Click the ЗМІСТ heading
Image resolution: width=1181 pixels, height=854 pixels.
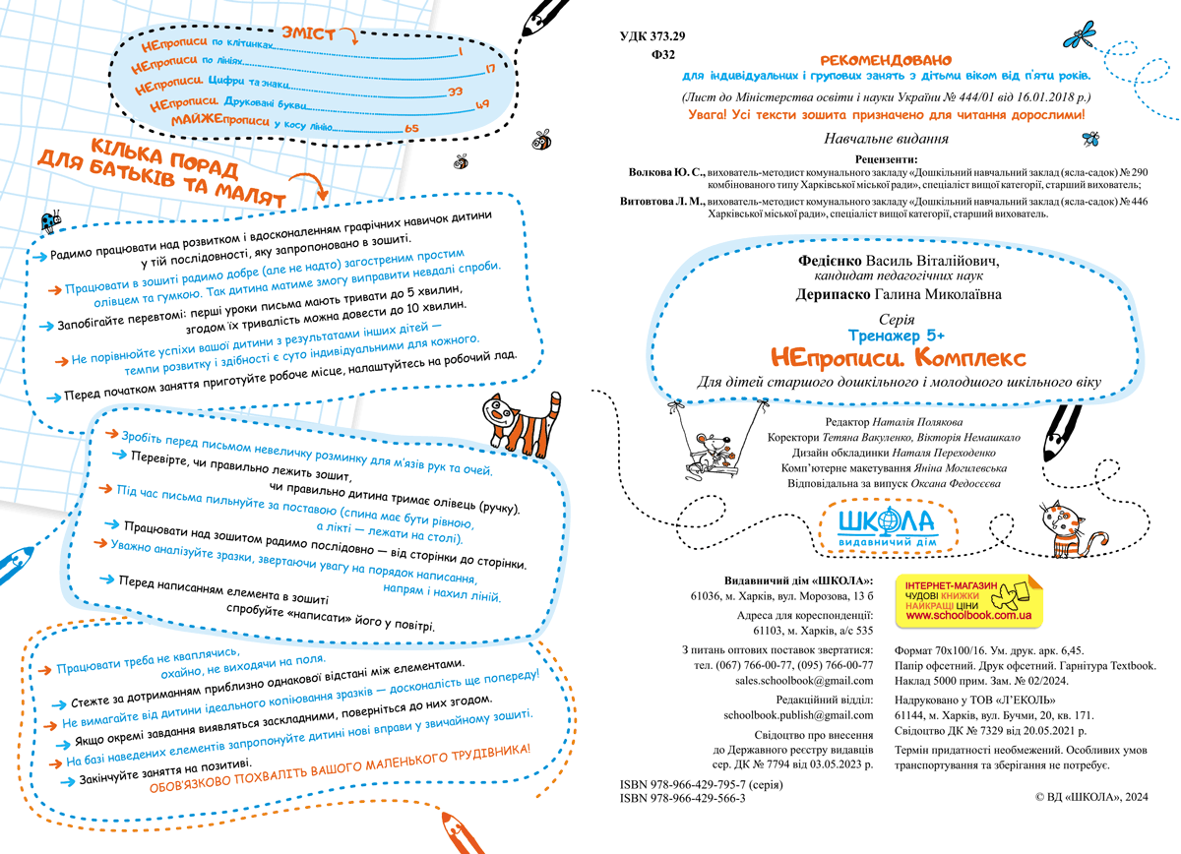coord(307,33)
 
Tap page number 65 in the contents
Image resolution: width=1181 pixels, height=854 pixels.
coord(411,128)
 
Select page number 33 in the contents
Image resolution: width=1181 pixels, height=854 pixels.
coord(455,91)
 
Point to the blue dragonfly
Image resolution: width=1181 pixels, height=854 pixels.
coord(1081,36)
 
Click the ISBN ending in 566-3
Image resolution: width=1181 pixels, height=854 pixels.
coord(683,799)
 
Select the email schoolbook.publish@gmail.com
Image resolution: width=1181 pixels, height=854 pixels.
coord(798,714)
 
